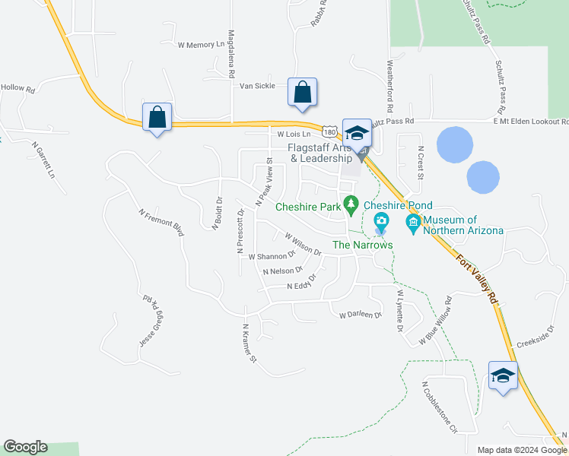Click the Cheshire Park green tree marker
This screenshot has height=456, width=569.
tap(351, 204)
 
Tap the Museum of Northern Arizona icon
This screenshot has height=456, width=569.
tap(414, 222)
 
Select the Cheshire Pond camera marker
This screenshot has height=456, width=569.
tap(381, 223)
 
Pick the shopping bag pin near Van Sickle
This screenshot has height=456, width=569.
tap(302, 93)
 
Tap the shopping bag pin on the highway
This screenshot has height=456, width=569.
tap(157, 118)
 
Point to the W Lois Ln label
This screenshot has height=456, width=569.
tap(295, 134)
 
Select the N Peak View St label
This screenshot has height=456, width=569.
tap(264, 182)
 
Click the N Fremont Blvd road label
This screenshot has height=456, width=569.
tap(161, 222)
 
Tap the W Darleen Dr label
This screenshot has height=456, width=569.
tap(359, 314)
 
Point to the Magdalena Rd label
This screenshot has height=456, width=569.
tap(230, 55)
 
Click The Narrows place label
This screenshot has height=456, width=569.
tap(362, 245)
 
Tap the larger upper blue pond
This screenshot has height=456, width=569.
tap(455, 144)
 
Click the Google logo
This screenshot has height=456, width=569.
tap(25, 447)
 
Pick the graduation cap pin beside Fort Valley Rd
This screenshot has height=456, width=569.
tap(504, 376)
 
